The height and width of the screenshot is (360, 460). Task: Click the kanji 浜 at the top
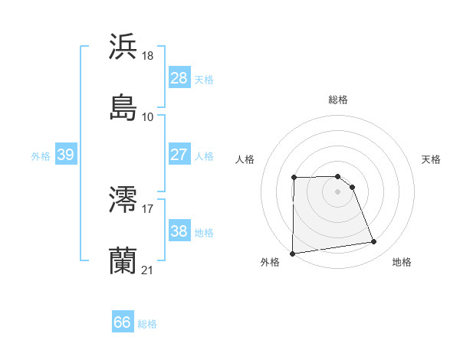[x=123, y=47]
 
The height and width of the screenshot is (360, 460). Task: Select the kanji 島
[x=123, y=107]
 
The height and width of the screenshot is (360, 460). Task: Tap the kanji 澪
[x=123, y=199]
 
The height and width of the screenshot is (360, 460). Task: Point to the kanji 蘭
[x=123, y=260]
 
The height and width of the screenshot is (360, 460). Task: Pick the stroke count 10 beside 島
[x=148, y=117]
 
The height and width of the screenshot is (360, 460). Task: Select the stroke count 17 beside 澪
[x=148, y=208]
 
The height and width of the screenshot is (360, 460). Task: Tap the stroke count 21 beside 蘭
[x=148, y=270]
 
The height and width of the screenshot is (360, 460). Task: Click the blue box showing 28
[x=179, y=78]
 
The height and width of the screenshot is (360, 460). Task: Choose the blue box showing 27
[x=179, y=155]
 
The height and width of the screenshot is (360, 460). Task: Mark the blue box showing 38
[x=179, y=231]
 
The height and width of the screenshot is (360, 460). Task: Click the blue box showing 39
[x=65, y=155]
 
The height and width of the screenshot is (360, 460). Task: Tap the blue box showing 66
[x=122, y=322]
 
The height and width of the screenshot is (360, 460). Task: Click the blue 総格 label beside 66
[x=147, y=324]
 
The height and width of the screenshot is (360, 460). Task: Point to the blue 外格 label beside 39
[x=41, y=156]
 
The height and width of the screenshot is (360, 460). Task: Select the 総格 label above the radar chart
[x=338, y=100]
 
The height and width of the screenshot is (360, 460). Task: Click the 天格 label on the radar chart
[x=432, y=159]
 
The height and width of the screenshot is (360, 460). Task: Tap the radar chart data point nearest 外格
[x=292, y=254]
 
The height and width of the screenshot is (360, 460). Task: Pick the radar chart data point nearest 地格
[x=374, y=242]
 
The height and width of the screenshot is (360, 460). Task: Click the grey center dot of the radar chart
[x=338, y=191]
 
